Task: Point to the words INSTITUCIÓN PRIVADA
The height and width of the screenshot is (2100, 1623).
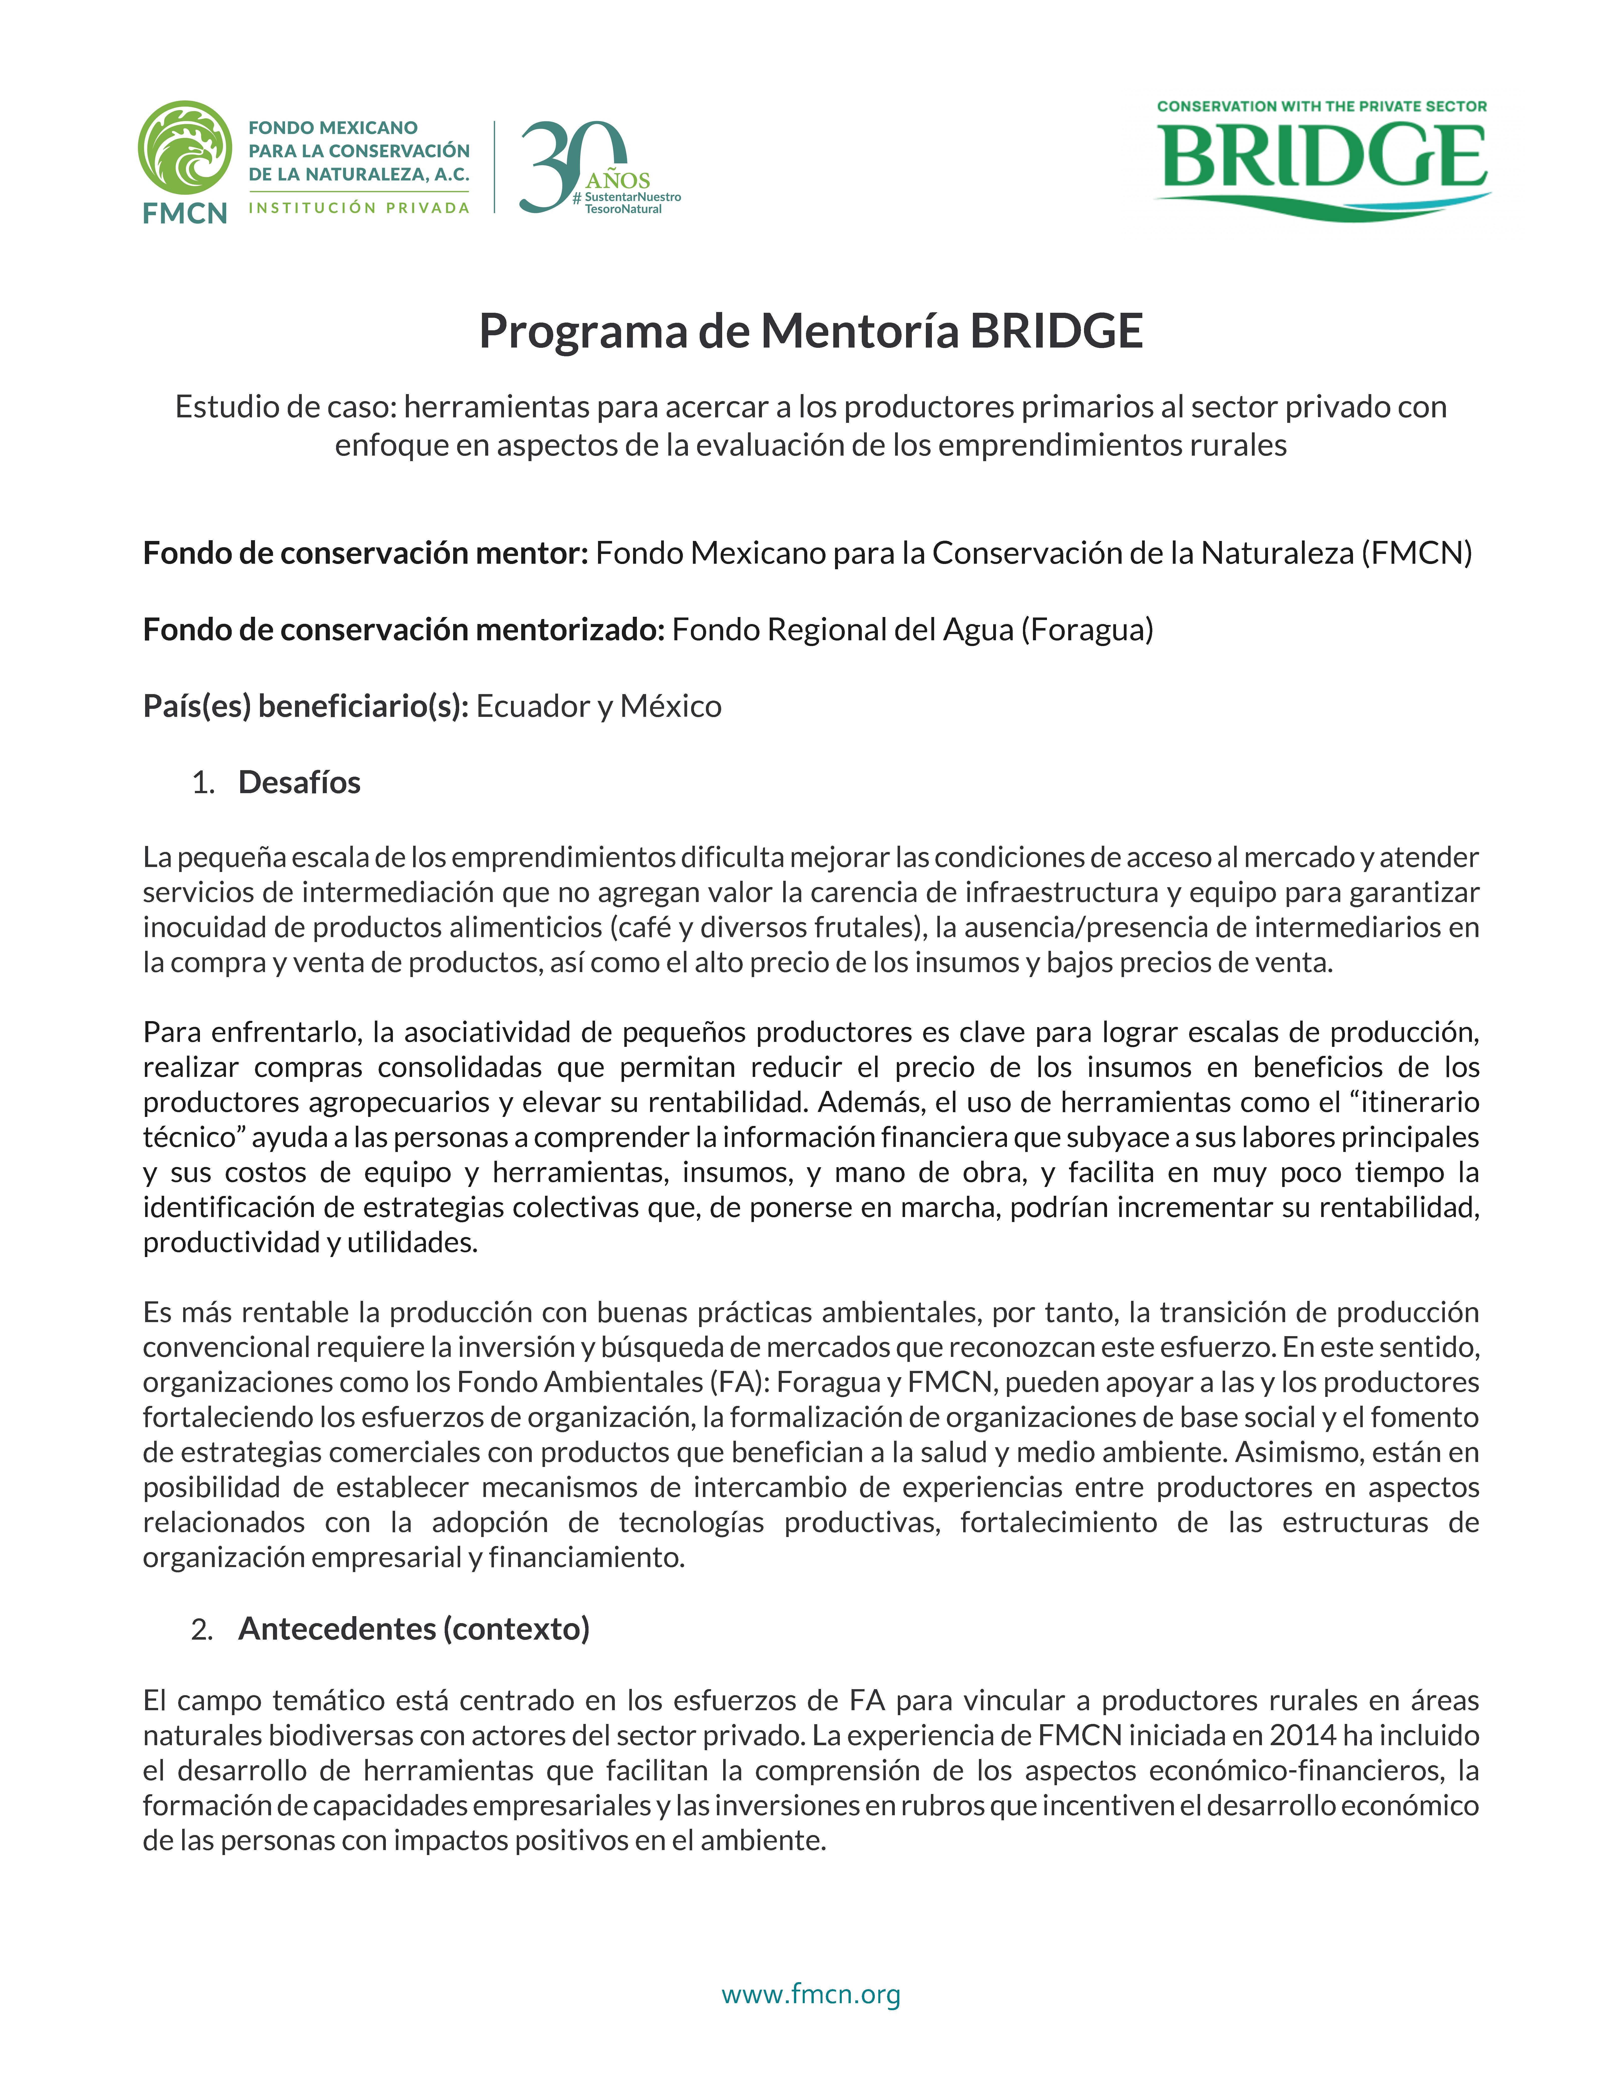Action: pos(359,208)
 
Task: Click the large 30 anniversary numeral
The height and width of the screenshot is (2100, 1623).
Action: pos(567,165)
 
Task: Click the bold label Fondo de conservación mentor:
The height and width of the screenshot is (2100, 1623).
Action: pos(365,553)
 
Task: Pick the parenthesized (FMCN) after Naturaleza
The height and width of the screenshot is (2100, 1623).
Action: pos(1416,553)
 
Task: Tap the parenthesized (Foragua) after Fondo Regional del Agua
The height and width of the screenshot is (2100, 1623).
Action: pos(1087,630)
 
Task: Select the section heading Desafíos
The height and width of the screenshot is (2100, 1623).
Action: pos(299,783)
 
